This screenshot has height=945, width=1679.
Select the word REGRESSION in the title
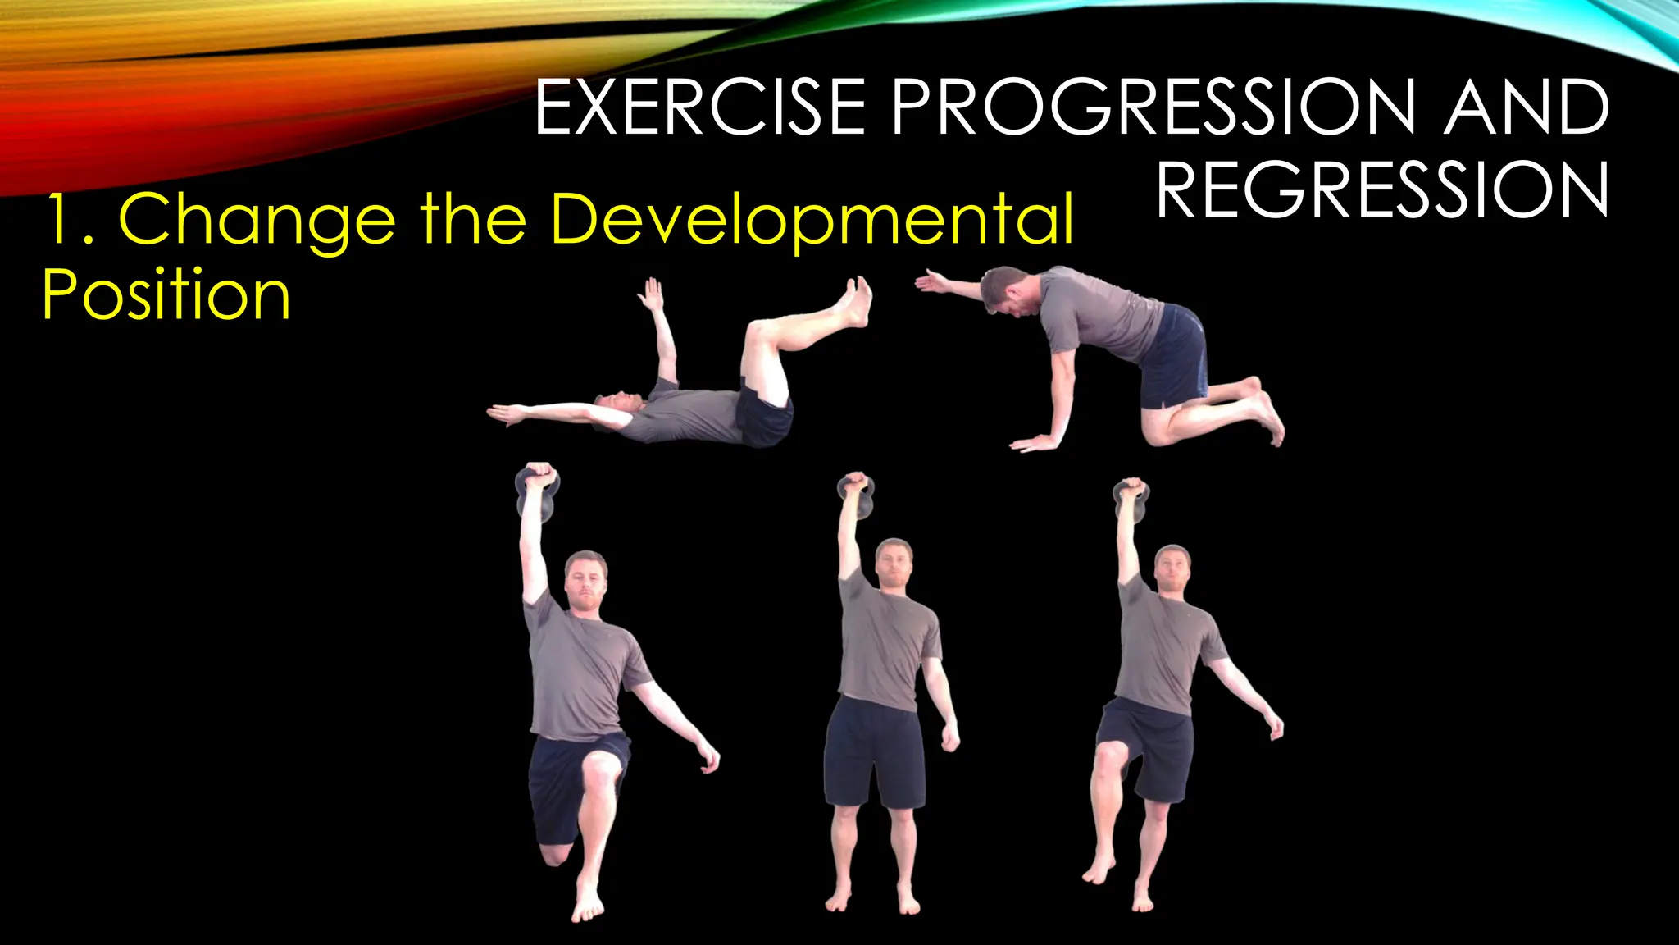click(x=1382, y=190)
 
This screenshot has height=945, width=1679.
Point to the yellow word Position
click(x=166, y=295)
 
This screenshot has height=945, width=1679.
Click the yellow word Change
click(x=257, y=220)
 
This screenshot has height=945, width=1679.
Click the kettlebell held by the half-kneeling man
click(x=537, y=495)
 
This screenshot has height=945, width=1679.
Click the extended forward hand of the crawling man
click(x=930, y=282)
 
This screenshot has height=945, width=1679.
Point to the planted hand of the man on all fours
click(x=1035, y=444)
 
